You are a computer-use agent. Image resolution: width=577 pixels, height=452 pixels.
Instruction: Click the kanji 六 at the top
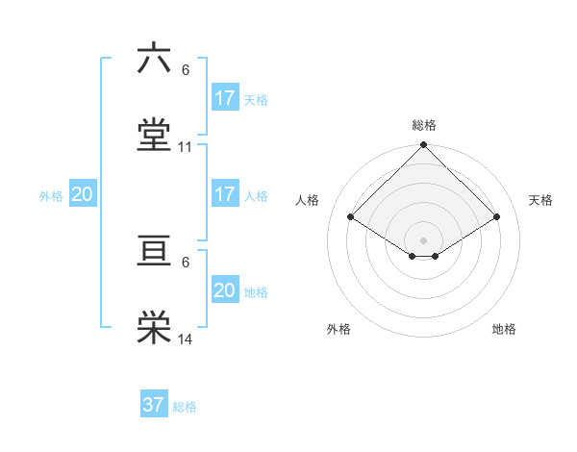click(x=154, y=59)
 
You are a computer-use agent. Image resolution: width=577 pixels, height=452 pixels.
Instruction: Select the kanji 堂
click(x=154, y=136)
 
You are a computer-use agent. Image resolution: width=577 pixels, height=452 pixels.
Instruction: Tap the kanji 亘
click(x=154, y=251)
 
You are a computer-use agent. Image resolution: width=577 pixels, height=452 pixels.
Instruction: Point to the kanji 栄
click(x=154, y=328)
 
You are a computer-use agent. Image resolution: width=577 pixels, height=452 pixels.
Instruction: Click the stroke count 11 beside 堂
click(x=186, y=147)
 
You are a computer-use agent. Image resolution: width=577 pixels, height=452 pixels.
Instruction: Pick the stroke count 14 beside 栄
click(x=186, y=339)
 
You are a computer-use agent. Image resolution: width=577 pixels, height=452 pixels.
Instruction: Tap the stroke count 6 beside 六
click(x=186, y=70)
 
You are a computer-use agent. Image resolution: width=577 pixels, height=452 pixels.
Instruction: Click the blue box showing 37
click(x=154, y=405)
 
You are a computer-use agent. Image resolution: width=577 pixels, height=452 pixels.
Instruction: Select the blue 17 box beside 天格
click(x=225, y=97)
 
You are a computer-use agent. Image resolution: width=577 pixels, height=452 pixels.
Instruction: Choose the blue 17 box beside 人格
click(x=225, y=194)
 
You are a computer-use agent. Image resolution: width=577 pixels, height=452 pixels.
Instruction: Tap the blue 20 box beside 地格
click(x=225, y=290)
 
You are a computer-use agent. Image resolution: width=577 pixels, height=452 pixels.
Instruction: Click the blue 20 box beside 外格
click(x=83, y=194)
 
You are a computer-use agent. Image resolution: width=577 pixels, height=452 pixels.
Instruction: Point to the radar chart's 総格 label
click(x=424, y=125)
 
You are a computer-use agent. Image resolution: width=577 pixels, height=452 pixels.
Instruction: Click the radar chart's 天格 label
click(x=540, y=200)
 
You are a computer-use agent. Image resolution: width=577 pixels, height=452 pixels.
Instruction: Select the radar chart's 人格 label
click(x=308, y=200)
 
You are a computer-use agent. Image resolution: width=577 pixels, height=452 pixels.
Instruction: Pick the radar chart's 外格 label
click(x=339, y=329)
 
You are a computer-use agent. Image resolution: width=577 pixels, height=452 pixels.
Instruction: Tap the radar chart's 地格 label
click(x=504, y=329)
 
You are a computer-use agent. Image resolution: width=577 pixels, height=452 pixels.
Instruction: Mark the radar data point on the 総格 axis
click(x=424, y=146)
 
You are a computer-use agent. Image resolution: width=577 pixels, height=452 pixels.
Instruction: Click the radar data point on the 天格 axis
click(x=497, y=216)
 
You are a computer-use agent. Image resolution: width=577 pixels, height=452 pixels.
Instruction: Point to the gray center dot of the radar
click(x=424, y=239)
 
